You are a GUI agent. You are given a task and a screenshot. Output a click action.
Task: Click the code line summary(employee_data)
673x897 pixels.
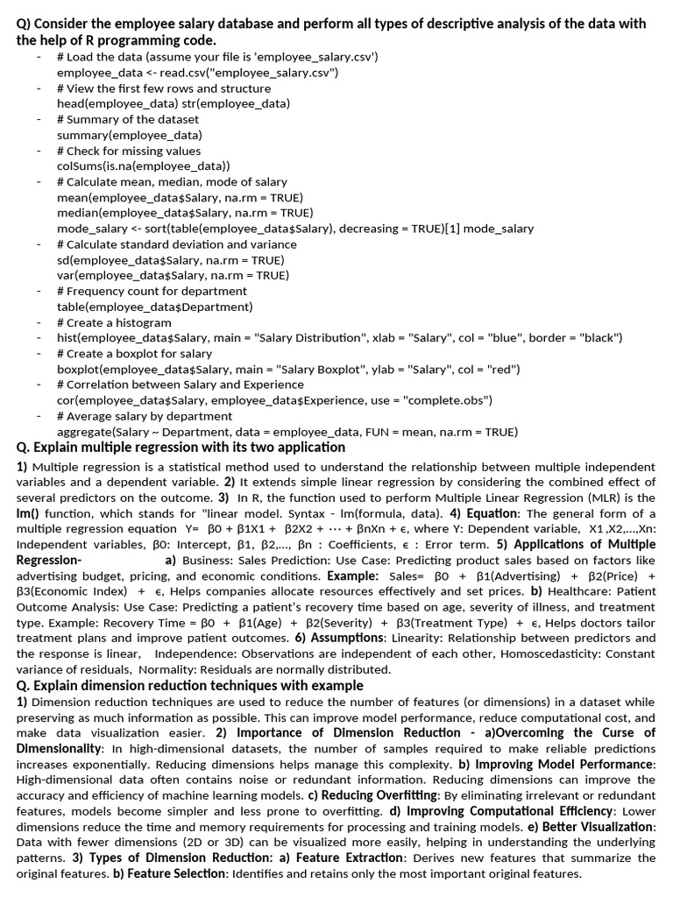click(129, 135)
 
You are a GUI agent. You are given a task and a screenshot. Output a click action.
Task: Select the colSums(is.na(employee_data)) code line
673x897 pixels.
click(143, 166)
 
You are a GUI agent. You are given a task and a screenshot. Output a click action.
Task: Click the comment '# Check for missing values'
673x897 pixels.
click(128, 151)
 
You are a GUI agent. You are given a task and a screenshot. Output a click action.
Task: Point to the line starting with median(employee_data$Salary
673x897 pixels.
click(184, 213)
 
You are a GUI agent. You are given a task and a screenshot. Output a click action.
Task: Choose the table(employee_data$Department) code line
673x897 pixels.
click(154, 307)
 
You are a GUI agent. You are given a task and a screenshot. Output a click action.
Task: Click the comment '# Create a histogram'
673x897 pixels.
click(114, 322)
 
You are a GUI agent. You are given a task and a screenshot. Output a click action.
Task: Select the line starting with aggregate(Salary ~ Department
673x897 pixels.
click(287, 432)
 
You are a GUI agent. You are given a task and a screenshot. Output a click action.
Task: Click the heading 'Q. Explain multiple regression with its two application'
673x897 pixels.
click(181, 448)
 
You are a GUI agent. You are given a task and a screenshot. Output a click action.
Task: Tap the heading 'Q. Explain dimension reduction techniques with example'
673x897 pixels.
click(189, 686)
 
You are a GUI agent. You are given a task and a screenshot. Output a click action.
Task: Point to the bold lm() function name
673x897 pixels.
click(31, 512)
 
